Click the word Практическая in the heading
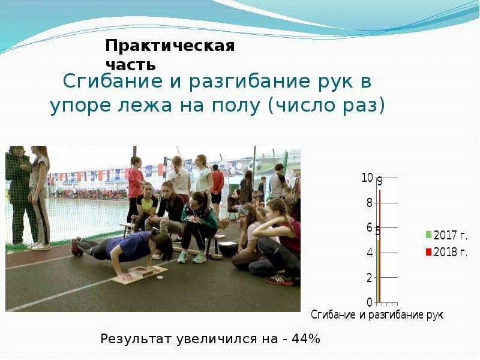click(170, 46)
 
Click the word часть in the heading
click(131, 64)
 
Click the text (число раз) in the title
click(326, 106)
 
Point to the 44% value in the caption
click(305, 339)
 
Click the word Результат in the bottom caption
click(136, 339)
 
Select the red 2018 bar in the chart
click(380, 246)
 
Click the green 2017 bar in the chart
click(377, 270)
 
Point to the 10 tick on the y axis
click(367, 178)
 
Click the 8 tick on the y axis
click(369, 203)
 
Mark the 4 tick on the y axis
click(369, 253)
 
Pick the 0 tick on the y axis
click(369, 302)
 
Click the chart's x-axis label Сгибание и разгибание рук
click(377, 314)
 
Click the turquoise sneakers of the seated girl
click(191, 257)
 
